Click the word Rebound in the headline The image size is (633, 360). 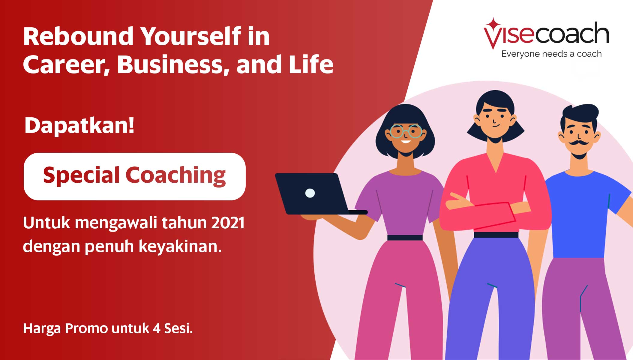(78, 36)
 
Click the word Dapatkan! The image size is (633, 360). (79, 125)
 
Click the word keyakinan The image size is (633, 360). (180, 247)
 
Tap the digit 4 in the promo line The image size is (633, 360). (156, 328)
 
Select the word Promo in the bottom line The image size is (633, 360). (86, 328)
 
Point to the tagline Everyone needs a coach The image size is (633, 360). (551, 54)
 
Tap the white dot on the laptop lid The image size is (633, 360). (310, 193)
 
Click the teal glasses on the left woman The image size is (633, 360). (406, 131)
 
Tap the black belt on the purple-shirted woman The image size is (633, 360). (405, 238)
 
